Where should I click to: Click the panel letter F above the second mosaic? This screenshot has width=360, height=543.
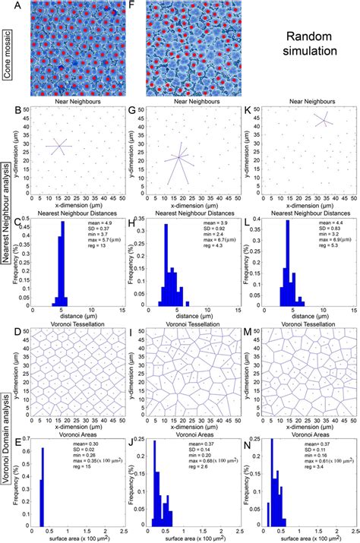(150, 5)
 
